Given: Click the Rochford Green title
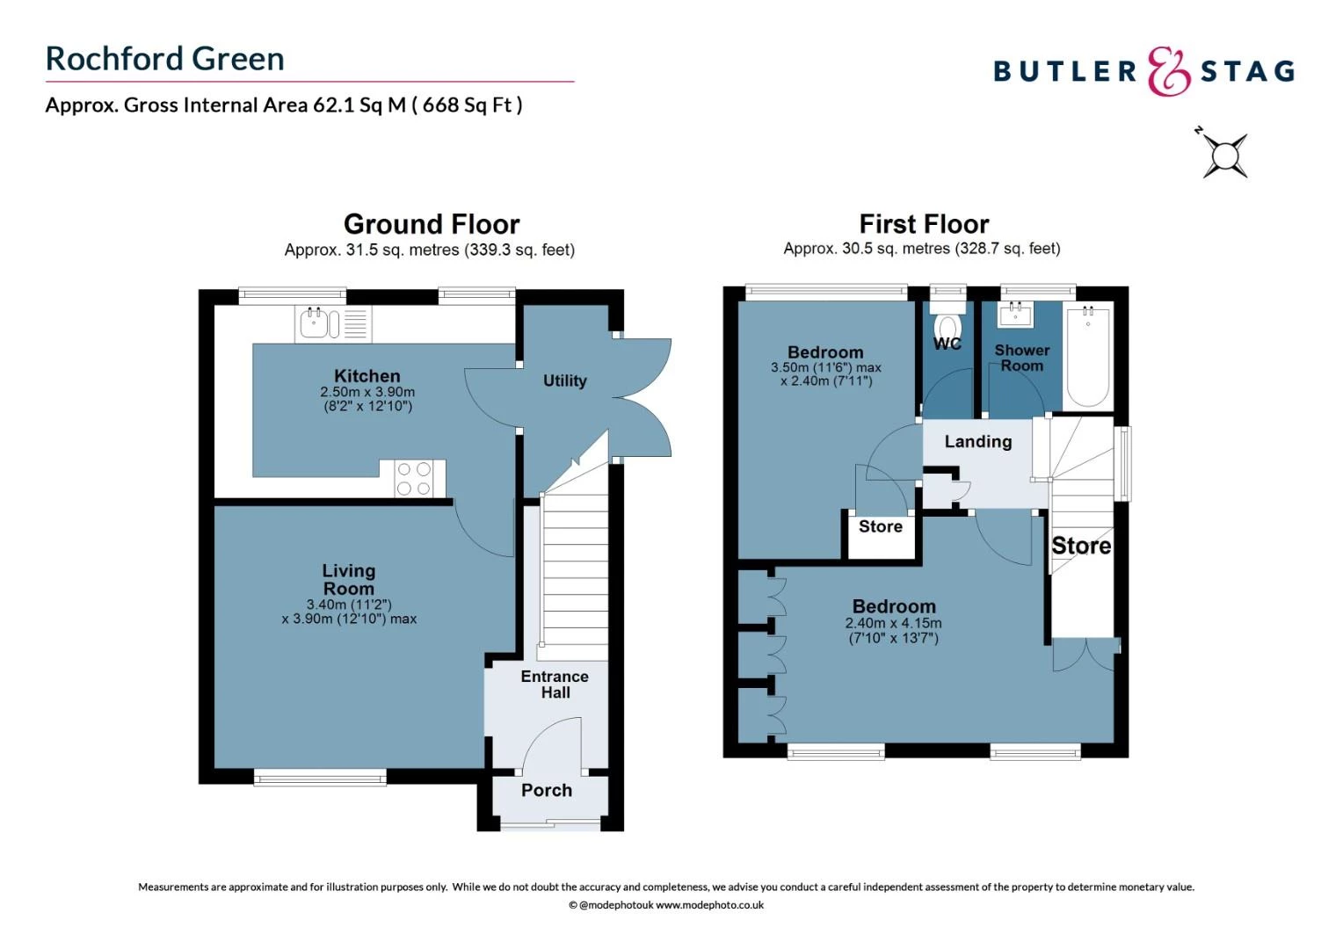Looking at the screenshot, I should pos(165,59).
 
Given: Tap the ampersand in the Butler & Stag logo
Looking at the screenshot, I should pos(1168,71).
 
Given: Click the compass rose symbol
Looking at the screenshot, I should pos(1224,156).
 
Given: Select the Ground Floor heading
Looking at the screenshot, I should pos(431,224).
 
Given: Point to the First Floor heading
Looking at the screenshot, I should pos(924,224).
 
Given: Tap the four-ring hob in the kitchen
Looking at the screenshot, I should pos(413,479).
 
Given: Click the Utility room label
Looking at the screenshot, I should pos(564,380).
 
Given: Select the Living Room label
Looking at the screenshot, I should pos(349,580).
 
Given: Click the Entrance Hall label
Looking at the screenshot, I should pos(555,685).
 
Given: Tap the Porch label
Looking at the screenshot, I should pos(547,790).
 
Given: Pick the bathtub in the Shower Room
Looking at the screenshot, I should pos(1088,355).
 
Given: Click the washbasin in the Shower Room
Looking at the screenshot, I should pos(1020,314).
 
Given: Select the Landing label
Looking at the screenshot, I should pos(977,442).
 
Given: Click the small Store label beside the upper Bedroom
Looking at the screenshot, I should pos(880,526).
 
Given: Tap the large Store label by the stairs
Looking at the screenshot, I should pos(1081,546).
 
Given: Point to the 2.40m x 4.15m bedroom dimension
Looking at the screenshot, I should pos(893,623).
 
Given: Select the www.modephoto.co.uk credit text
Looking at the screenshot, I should pos(709,905).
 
